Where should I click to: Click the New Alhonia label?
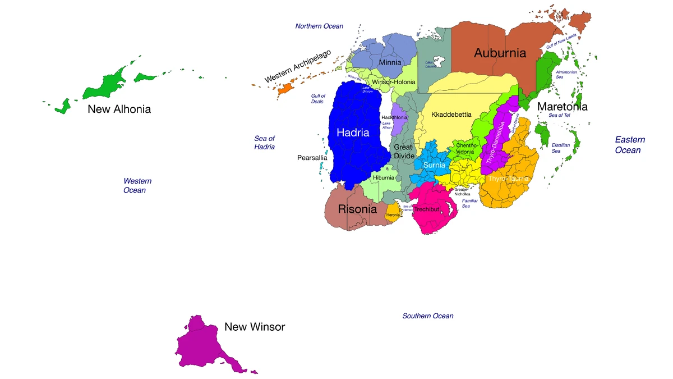(x=119, y=109)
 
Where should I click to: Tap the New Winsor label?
(x=255, y=327)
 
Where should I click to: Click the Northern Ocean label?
(x=319, y=26)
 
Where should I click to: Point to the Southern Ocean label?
(x=428, y=316)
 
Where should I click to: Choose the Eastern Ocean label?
(x=630, y=145)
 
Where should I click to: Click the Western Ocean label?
(x=137, y=186)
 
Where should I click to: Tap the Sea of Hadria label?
(x=265, y=143)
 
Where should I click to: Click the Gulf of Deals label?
(x=318, y=99)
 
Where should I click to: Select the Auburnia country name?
(x=500, y=53)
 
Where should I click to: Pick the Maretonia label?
(x=563, y=107)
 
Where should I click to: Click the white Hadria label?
(x=353, y=133)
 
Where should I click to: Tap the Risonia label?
(x=357, y=209)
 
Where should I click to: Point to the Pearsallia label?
(x=312, y=158)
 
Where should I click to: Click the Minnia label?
(x=390, y=62)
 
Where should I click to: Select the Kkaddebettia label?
(x=451, y=115)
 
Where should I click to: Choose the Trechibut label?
(x=426, y=209)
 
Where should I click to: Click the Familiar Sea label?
(x=470, y=203)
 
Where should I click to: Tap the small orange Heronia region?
(x=393, y=214)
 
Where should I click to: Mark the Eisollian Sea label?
(x=561, y=148)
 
